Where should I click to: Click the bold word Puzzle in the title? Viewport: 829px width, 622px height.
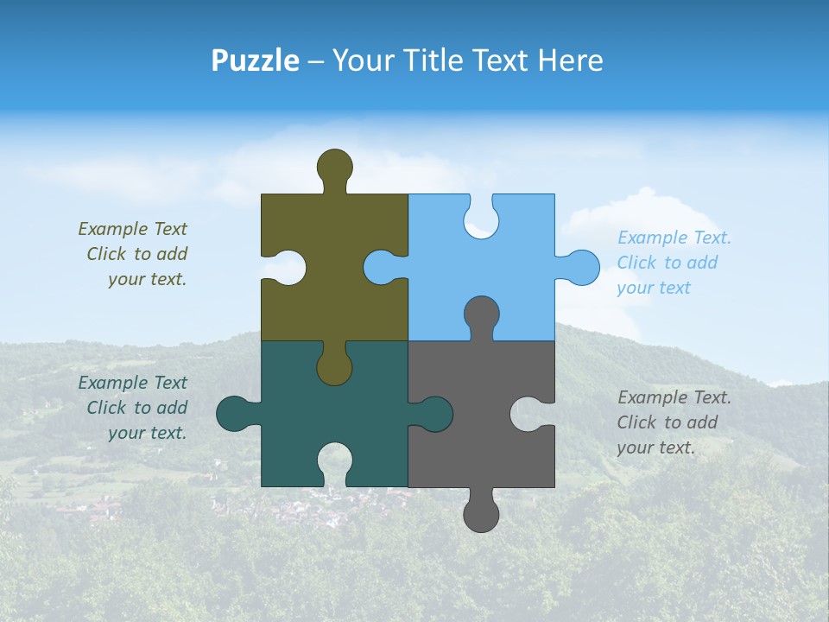coord(256,60)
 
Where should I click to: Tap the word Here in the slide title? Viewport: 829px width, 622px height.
coord(570,60)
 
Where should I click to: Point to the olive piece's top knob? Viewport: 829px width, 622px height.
coord(334,167)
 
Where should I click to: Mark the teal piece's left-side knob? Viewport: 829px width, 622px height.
coord(233,414)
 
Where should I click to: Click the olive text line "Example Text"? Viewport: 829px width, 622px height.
coord(132,229)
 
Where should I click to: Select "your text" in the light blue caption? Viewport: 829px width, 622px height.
coord(654,288)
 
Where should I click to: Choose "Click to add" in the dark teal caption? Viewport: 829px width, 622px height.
coord(136,408)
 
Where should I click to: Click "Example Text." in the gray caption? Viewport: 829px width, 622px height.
coord(674,397)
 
